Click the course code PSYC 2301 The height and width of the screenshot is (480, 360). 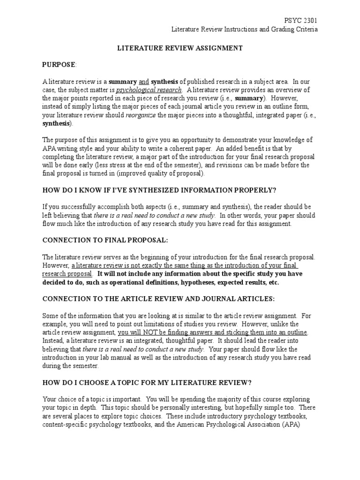coord(300,21)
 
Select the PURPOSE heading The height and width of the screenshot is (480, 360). coord(59,64)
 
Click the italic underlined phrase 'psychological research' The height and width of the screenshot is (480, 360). coord(149,90)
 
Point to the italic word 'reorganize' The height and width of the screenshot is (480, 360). coord(141,115)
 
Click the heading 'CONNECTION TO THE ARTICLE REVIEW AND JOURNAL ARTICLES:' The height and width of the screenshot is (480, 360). coord(158,298)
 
